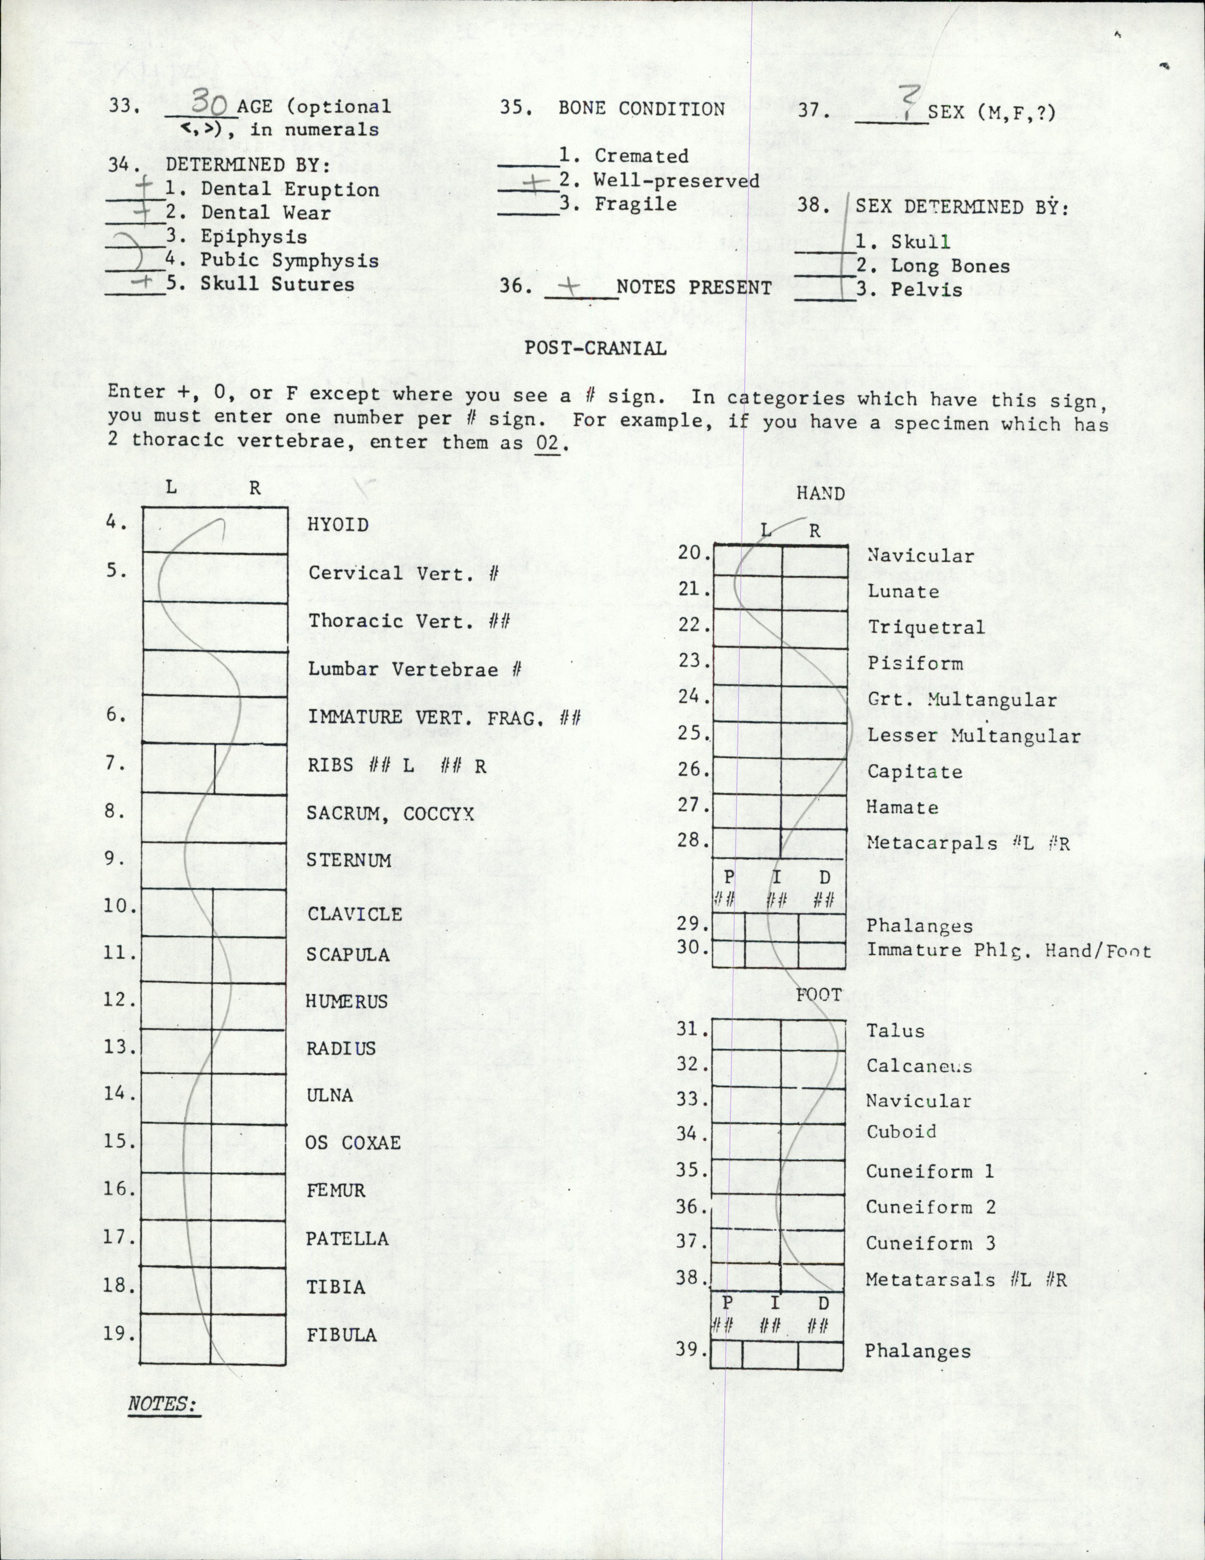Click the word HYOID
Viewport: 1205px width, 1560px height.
pyautogui.click(x=338, y=525)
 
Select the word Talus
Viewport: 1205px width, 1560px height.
pyautogui.click(x=895, y=1031)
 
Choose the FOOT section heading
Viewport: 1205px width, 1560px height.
pyautogui.click(x=819, y=995)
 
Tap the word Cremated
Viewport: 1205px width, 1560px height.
pyautogui.click(x=641, y=156)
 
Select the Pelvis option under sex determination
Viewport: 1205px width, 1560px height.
pyautogui.click(x=926, y=290)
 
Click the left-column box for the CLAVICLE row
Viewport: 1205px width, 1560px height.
pyautogui.click(x=177, y=913)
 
